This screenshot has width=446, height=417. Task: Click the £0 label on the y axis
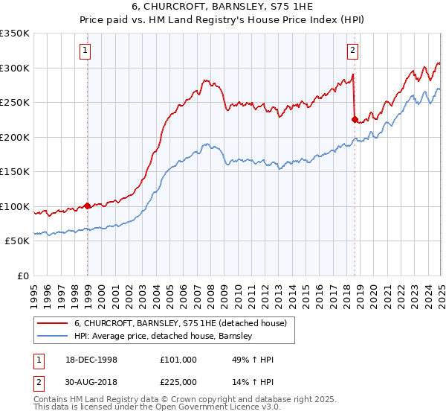23,276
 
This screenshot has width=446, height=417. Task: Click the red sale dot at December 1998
88,206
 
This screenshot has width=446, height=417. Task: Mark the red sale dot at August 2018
355,118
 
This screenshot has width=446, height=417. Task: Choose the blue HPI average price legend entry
164,336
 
